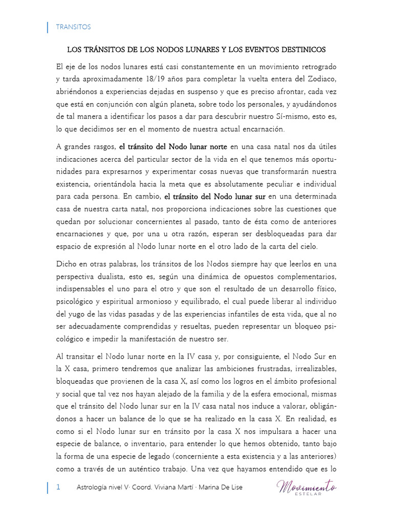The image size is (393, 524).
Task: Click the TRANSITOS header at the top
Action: coord(73,27)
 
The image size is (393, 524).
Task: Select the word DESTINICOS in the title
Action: coord(299,50)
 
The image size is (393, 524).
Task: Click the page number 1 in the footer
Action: coord(58,487)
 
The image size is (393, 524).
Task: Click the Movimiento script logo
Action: coord(307,488)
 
